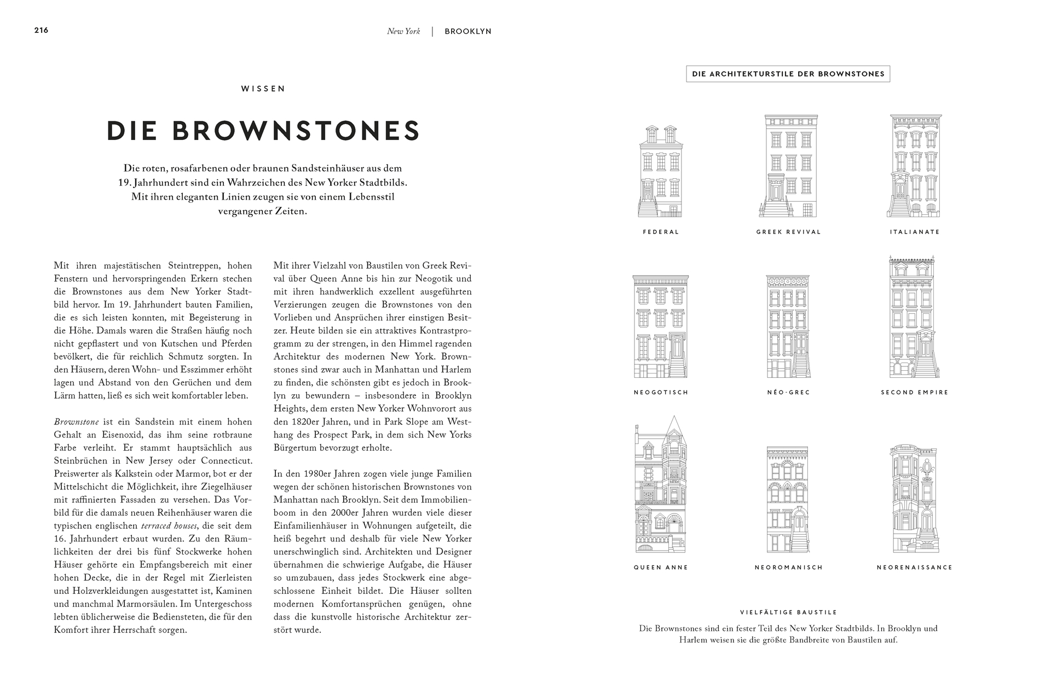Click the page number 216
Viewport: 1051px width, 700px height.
[x=41, y=30]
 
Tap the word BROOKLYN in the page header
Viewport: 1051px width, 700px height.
[x=468, y=32]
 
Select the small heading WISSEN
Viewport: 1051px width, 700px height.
[x=263, y=89]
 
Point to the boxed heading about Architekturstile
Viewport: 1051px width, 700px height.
[x=788, y=74]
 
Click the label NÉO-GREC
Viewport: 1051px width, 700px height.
[x=788, y=392]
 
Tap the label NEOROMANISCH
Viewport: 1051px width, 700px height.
[x=788, y=567]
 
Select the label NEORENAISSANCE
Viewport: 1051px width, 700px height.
[x=915, y=567]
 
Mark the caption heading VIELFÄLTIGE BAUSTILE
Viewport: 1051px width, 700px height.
[x=788, y=612]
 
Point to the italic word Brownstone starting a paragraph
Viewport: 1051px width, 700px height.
[x=76, y=422]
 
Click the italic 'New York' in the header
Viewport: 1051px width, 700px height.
[x=403, y=32]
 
